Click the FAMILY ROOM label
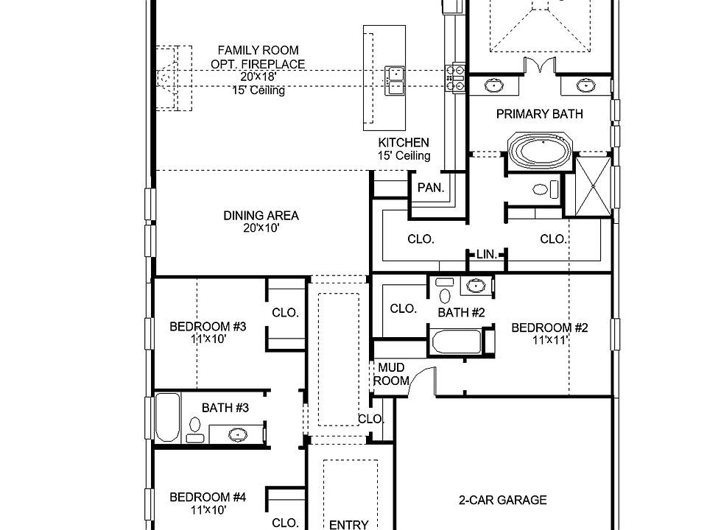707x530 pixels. [x=258, y=50]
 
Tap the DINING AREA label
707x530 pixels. [x=261, y=216]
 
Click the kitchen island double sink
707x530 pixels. [x=395, y=81]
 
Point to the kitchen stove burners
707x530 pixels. [x=455, y=78]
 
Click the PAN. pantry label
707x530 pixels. [x=431, y=188]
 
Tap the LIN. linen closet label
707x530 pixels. [x=487, y=255]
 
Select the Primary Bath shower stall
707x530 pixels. [x=594, y=186]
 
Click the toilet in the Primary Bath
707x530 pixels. [x=545, y=189]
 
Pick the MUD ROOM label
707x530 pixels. [x=391, y=374]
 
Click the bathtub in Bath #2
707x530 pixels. [x=457, y=342]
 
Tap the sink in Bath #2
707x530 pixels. [x=475, y=286]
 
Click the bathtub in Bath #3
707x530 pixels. [x=167, y=417]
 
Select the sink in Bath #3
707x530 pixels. [x=238, y=434]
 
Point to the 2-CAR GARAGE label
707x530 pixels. [x=503, y=500]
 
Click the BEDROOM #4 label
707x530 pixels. [x=208, y=497]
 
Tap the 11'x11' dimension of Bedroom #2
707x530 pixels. [x=549, y=340]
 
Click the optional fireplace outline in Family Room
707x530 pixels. [x=174, y=78]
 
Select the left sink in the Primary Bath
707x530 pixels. [x=494, y=85]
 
